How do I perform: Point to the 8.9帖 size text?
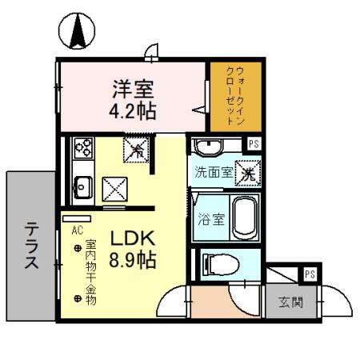(132, 259)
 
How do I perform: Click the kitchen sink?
(83, 189)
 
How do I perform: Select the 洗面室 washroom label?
(215, 172)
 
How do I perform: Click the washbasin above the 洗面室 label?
(210, 147)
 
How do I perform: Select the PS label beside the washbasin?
(254, 145)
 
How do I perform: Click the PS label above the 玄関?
(309, 274)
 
